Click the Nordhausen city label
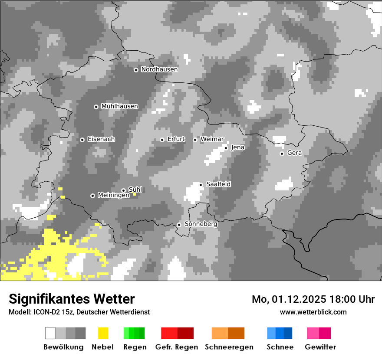[159, 69]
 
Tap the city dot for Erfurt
[162, 140]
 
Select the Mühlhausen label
[119, 106]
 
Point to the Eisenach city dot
[82, 140]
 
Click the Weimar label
[212, 139]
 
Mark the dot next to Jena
[226, 148]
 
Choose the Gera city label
[294, 153]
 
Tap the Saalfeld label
[218, 184]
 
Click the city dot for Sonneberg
[179, 225]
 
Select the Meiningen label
[113, 196]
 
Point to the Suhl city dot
[123, 190]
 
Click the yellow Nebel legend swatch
[103, 333]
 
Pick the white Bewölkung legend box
[50, 333]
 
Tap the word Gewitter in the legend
[320, 347]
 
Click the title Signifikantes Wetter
[72, 299]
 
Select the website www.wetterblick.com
[313, 312]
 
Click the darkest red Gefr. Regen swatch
[186, 333]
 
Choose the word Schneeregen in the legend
[229, 347]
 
